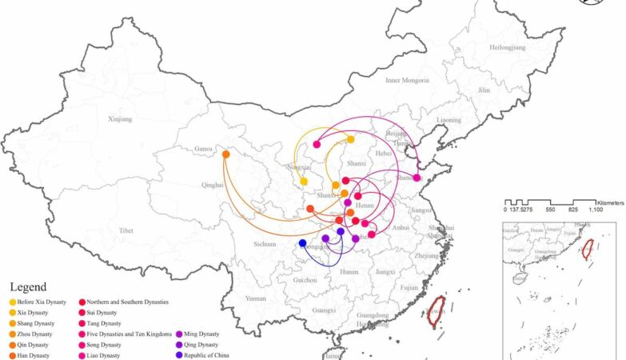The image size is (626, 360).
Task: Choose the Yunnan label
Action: tap(256, 298)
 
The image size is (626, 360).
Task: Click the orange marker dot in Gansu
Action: tap(226, 154)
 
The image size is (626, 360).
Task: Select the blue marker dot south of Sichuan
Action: tap(302, 243)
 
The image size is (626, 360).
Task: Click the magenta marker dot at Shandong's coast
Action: tap(417, 178)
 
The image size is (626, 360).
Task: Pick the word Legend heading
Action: tap(29, 286)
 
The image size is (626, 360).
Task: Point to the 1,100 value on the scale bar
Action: tap(596, 209)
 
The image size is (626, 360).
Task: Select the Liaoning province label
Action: tap(449, 120)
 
